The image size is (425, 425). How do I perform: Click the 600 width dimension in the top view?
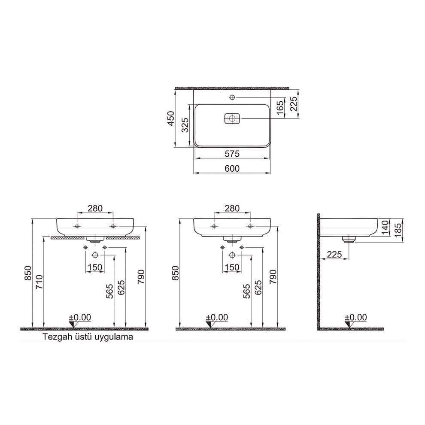[232, 168]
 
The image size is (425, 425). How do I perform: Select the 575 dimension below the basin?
[232, 154]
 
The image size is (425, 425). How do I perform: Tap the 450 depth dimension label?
[171, 118]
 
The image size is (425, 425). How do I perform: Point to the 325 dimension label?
[185, 125]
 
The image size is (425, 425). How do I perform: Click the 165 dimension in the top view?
[280, 107]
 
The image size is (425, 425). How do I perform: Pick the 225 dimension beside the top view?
[294, 104]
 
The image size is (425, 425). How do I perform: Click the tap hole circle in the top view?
[232, 97]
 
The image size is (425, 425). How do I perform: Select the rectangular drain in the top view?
[232, 118]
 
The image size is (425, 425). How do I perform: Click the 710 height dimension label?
[39, 282]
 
